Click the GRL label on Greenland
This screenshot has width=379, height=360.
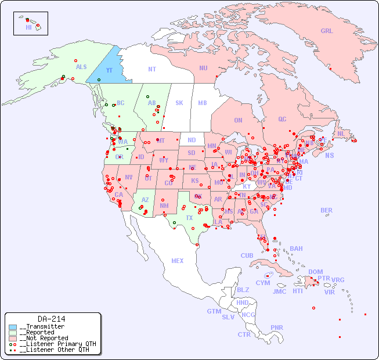327,31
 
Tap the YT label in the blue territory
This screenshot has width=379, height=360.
109,70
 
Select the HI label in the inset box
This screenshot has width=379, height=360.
28,27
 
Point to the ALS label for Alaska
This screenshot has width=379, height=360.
81,67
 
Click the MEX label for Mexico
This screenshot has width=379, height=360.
178,261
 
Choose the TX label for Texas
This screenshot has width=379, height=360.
189,218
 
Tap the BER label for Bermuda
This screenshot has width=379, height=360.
327,210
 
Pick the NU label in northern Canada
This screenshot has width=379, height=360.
203,68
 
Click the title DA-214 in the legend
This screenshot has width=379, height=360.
51,319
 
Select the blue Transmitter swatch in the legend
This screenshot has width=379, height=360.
13,327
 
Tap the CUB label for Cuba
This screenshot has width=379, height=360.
247,255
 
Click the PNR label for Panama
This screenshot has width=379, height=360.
277,327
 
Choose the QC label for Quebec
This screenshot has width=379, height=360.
282,119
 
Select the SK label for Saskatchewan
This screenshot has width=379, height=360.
179,103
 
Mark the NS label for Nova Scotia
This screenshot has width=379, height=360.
330,155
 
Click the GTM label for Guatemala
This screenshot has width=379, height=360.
214,311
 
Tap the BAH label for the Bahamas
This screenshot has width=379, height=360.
296,249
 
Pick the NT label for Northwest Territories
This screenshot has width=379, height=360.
151,69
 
